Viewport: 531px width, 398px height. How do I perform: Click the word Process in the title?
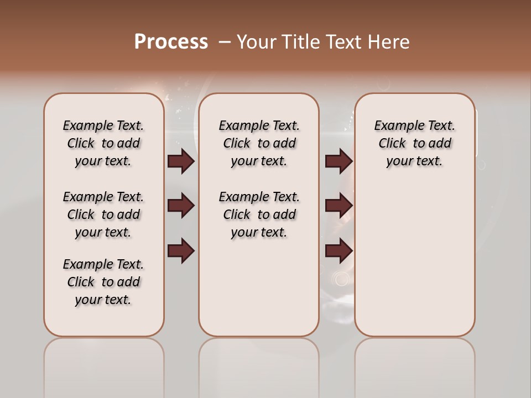[171, 42]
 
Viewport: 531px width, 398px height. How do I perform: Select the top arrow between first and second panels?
[181, 161]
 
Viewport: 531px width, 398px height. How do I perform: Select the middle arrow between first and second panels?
[181, 206]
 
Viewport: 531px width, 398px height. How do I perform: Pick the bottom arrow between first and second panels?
[181, 252]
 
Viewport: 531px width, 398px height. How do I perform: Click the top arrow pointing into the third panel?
[339, 161]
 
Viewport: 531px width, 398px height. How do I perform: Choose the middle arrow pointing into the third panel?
[339, 206]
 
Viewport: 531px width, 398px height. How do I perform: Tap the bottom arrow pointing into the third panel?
[339, 252]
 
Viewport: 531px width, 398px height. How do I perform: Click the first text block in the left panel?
[103, 143]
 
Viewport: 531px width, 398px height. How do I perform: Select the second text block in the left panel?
[103, 214]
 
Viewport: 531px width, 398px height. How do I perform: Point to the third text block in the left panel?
[103, 282]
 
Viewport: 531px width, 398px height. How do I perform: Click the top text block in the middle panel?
[259, 143]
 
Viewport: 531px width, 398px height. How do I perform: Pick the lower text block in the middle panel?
[259, 214]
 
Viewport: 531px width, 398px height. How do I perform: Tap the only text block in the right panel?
[414, 143]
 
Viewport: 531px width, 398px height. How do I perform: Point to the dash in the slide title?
[225, 42]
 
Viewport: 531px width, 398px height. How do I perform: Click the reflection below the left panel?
[104, 365]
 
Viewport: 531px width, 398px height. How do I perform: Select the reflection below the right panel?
[414, 365]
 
